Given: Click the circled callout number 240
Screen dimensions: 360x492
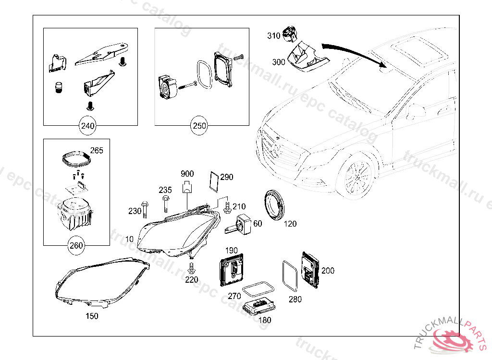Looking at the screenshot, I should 88,126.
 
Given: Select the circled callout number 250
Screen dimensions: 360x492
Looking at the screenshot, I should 199,126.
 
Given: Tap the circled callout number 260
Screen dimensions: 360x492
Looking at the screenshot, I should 76,246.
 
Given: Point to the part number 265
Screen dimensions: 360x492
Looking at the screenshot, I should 97,150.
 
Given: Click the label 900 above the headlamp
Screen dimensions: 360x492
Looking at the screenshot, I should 187,173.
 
